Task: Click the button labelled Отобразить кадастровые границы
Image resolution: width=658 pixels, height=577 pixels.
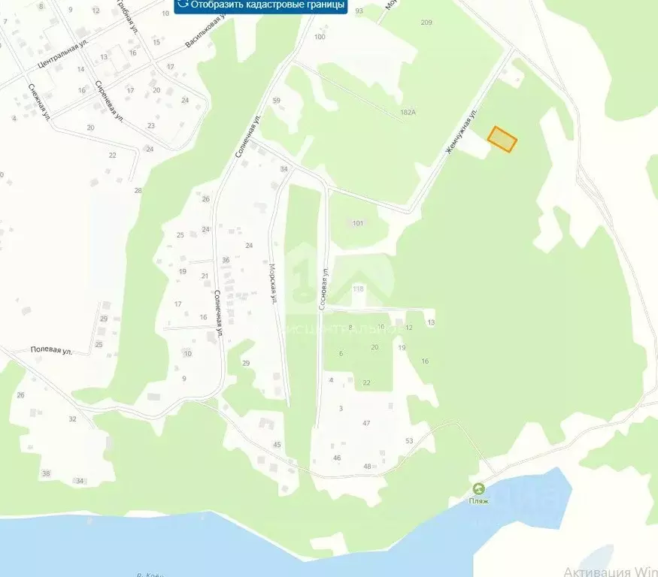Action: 261,5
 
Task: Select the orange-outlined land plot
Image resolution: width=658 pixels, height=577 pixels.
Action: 502,140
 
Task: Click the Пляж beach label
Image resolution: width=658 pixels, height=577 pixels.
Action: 479,500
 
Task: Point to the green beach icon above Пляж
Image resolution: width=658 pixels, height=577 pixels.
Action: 479,489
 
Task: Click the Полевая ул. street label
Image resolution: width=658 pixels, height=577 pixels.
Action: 51,350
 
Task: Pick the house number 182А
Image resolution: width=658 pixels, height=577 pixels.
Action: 408,113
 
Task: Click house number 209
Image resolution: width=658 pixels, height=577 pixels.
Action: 426,23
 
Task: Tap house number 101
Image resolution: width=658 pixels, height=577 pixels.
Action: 357,223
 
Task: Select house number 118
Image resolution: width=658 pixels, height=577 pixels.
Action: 358,289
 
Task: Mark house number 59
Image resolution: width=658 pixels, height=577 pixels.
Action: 277,101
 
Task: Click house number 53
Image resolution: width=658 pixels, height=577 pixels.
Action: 409,441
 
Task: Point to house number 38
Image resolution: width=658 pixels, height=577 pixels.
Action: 46,473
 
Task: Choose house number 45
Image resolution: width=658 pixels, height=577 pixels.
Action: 277,446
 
